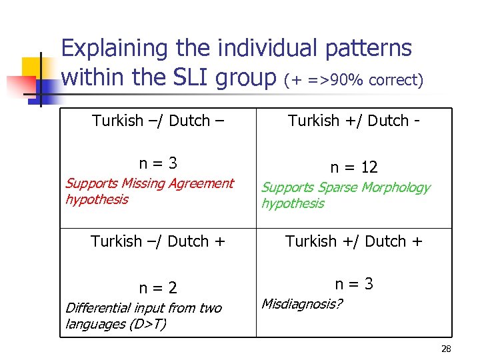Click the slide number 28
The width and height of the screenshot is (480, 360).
[x=447, y=349]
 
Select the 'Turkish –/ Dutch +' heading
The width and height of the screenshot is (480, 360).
[x=158, y=241]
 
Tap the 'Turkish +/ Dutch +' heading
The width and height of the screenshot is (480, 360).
[x=354, y=241]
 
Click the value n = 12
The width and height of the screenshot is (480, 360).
[x=354, y=167]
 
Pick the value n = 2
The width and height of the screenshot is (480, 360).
[x=158, y=288]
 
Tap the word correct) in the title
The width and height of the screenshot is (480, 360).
[x=396, y=81]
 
